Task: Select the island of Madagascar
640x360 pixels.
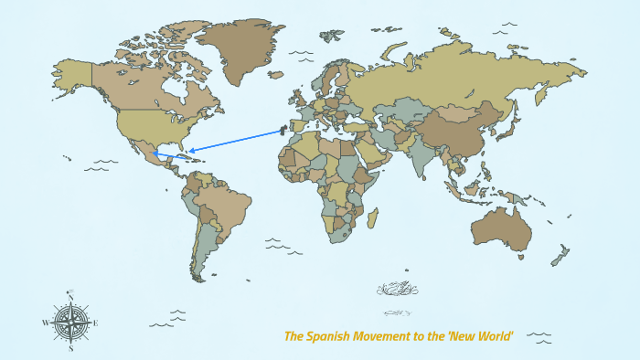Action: [372, 218]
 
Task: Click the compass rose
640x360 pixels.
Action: [70, 323]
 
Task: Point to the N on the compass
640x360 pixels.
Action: [70, 294]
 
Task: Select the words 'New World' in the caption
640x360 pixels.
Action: [480, 336]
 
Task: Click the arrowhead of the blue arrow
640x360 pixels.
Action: [188, 151]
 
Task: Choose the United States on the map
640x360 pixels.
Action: [146, 123]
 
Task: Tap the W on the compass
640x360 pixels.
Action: [45, 323]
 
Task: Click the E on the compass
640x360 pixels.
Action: [96, 323]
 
